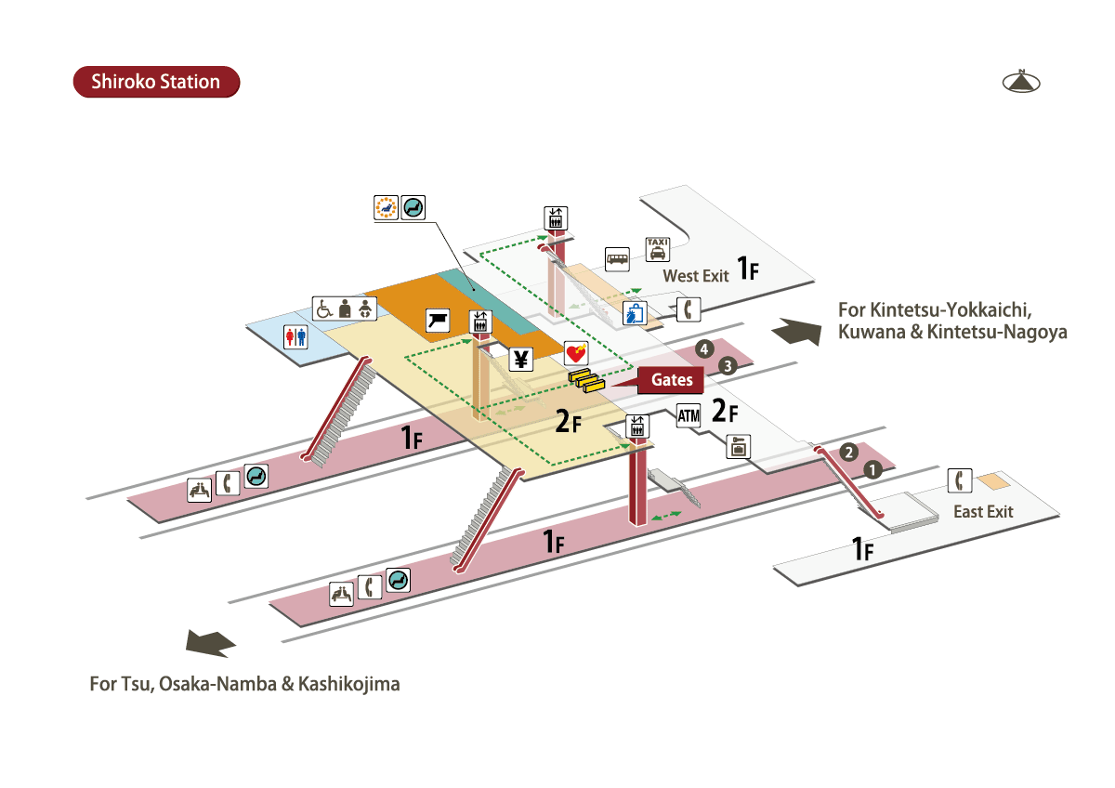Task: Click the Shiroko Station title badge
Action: point(156,82)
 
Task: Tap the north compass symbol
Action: point(1021,82)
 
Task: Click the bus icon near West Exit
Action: point(617,258)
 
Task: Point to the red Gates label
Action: point(671,380)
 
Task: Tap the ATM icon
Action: point(688,416)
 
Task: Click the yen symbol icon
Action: point(520,359)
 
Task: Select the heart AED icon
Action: point(576,353)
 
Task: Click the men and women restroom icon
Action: point(295,335)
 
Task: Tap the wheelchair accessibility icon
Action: point(324,308)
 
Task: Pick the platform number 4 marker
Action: point(704,349)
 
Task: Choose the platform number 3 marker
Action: point(728,365)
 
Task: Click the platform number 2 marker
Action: point(848,453)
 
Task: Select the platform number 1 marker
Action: point(872,469)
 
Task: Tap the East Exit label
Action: point(983,511)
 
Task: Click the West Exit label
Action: point(695,276)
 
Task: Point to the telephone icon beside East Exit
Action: point(960,480)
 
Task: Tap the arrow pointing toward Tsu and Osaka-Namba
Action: point(211,642)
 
